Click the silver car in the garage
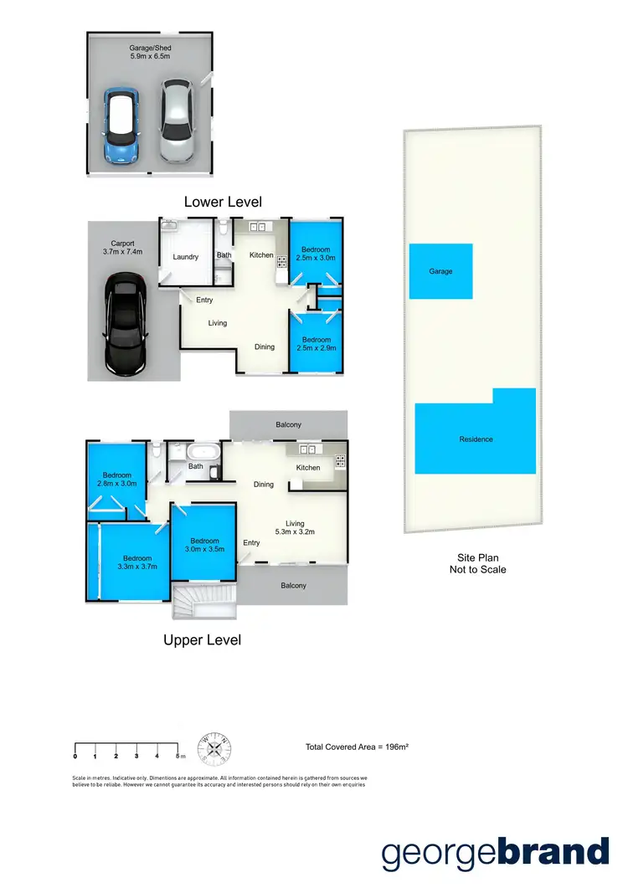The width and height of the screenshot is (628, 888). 177,122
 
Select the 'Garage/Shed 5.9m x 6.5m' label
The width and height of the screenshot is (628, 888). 151,53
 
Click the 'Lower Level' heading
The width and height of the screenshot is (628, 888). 223,202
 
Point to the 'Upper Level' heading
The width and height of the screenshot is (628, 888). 202,639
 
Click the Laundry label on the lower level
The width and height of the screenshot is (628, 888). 186,257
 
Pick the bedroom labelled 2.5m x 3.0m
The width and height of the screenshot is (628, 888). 316,254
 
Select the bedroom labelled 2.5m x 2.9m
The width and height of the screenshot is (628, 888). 316,343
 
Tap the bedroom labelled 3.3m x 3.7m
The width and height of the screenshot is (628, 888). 137,562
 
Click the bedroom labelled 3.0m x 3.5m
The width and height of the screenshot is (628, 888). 203,545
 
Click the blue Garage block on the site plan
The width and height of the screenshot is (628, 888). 440,271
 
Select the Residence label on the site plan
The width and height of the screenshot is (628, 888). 476,439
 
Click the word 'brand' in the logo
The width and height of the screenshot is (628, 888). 553,853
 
